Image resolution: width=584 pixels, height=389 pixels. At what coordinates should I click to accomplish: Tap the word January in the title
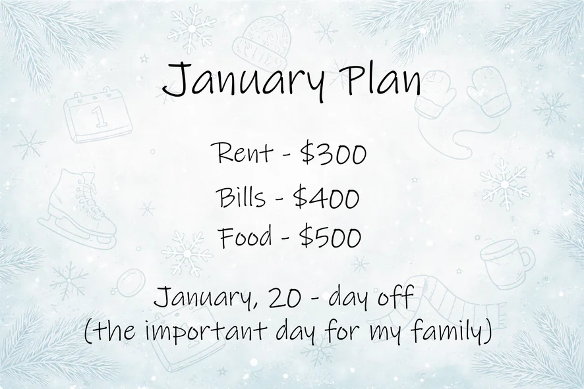click(242, 82)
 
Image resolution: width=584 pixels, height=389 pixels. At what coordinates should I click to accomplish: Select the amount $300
click(334, 153)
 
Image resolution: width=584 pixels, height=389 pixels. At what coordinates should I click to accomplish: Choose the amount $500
click(330, 236)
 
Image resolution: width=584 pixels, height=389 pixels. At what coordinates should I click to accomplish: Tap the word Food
click(246, 237)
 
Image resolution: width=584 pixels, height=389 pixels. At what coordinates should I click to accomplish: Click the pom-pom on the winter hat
click(281, 16)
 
